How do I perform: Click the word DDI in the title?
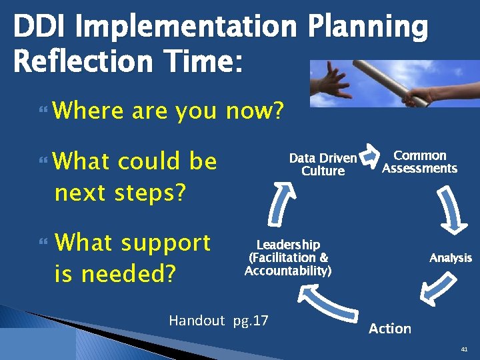pos(39,27)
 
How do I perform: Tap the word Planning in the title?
pos(369,27)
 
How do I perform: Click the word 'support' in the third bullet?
pos(166,243)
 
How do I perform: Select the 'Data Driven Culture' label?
pos(323,165)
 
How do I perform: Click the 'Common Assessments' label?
pos(419,162)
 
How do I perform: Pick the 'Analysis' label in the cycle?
pos(450,258)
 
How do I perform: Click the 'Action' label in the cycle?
pos(390,328)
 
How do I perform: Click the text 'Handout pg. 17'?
pos(219,321)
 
